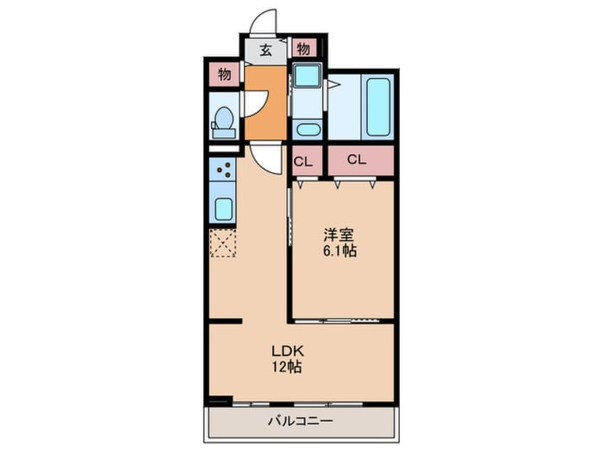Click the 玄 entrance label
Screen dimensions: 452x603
(x=265, y=50)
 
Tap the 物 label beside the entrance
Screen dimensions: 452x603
(x=304, y=49)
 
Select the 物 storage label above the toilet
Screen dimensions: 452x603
(x=224, y=75)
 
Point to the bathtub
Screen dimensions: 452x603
(x=378, y=107)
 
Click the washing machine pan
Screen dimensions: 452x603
(x=307, y=76)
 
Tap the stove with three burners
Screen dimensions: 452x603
(x=224, y=170)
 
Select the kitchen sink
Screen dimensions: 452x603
(x=224, y=208)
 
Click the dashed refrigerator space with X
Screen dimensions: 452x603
(x=223, y=242)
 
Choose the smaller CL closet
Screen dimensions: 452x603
(x=304, y=161)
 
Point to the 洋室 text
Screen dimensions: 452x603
(x=340, y=235)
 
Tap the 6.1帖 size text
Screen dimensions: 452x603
(x=340, y=251)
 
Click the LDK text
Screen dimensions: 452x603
(x=287, y=351)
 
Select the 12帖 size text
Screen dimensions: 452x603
(x=287, y=368)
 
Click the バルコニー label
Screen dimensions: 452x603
(x=300, y=421)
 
